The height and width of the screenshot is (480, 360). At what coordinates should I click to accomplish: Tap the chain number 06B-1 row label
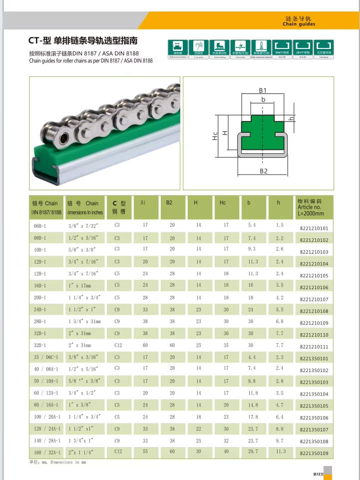(39, 225)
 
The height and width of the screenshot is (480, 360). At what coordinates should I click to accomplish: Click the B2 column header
(169, 203)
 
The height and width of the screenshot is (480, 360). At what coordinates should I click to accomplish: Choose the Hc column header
(223, 203)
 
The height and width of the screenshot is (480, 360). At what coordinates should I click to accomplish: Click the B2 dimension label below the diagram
(264, 171)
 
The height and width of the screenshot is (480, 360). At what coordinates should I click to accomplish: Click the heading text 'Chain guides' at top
(299, 24)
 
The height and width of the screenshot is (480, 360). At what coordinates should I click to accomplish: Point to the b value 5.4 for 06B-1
(252, 225)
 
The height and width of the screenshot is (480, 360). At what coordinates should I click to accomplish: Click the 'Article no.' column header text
(309, 207)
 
